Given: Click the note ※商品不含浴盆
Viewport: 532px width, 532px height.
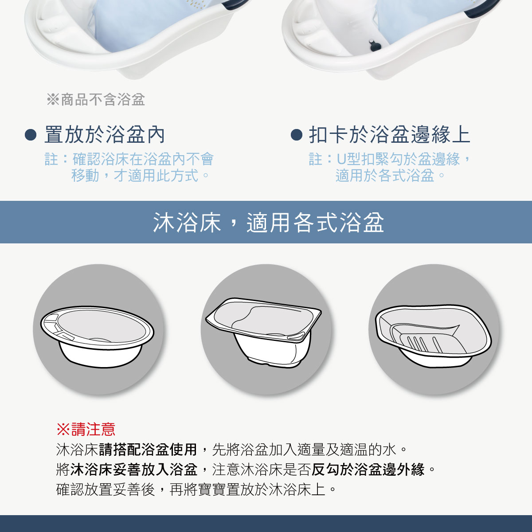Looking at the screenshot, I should coord(96,100).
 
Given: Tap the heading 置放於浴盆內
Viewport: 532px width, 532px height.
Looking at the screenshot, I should coord(105,135).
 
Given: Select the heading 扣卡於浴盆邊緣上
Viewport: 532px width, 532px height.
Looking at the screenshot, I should coord(389,135).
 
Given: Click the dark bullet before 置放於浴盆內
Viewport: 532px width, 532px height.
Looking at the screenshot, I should coord(31,135).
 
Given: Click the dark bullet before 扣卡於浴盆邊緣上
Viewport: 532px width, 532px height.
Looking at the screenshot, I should coord(296,135).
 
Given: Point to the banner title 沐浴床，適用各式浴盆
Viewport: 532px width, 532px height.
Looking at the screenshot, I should coord(268,222).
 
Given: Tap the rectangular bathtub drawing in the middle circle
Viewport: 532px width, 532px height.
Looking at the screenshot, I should coord(264,330).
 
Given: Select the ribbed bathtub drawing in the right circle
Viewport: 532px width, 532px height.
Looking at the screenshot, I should coord(432,335).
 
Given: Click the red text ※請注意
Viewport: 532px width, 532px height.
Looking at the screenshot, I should coord(86,429).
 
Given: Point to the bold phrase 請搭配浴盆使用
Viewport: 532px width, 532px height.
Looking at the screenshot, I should coord(148,450).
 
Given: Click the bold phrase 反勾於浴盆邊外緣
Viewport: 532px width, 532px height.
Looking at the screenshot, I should coord(368,469).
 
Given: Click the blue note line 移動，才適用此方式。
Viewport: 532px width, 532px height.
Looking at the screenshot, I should coord(140,176).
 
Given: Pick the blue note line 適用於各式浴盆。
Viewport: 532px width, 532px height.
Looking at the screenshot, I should coord(390,176).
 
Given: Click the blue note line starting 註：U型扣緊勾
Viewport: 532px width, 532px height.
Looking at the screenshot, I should coord(390,159).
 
